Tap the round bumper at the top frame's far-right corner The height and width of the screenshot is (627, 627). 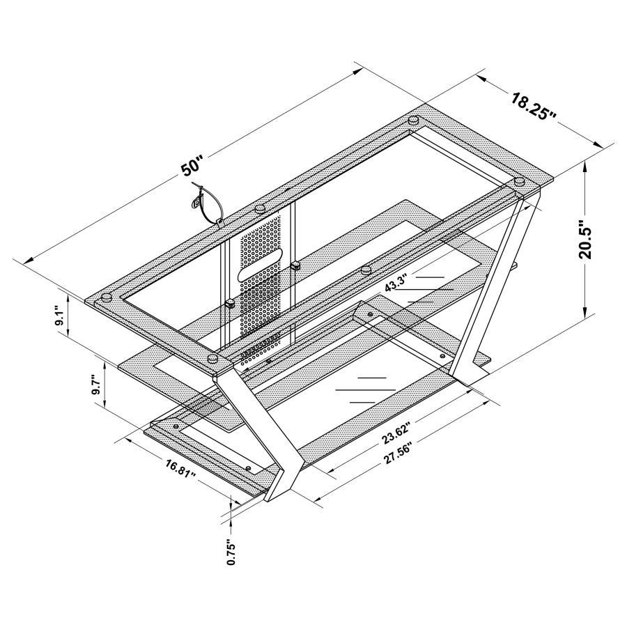[x=518, y=182]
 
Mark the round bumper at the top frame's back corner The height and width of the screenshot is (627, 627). [x=414, y=120]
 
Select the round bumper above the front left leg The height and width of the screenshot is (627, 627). [x=213, y=360]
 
